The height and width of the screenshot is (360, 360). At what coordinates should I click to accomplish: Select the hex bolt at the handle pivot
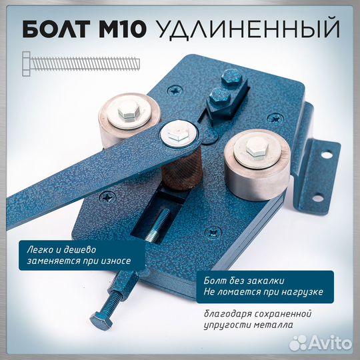pyautogui.click(x=177, y=135)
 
